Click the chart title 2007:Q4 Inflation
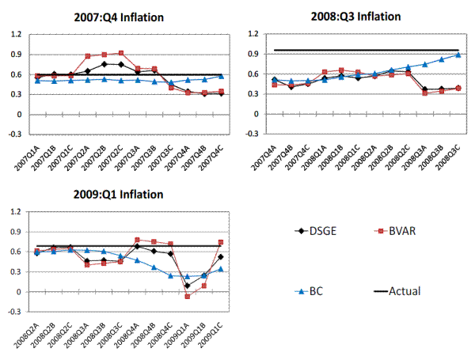[129, 17]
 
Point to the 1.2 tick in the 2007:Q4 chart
[17, 35]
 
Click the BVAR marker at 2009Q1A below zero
[188, 296]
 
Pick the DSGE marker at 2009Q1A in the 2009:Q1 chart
[188, 286]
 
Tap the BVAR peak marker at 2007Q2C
[121, 53]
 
